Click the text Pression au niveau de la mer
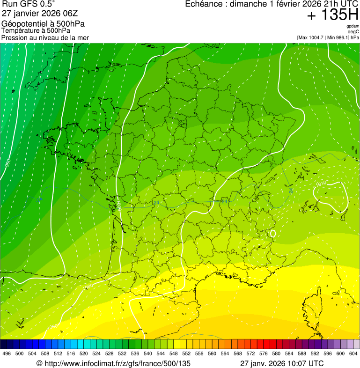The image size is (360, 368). [x=45, y=37]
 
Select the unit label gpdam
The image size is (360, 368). [x=353, y=26]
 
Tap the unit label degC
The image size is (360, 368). [x=353, y=31]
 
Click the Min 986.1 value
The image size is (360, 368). [x=339, y=37]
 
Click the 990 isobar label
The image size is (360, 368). [x=7, y=163]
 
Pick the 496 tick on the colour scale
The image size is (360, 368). [x=7, y=353]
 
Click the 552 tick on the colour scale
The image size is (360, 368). [x=186, y=353]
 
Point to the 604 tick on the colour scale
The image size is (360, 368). [x=353, y=353]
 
